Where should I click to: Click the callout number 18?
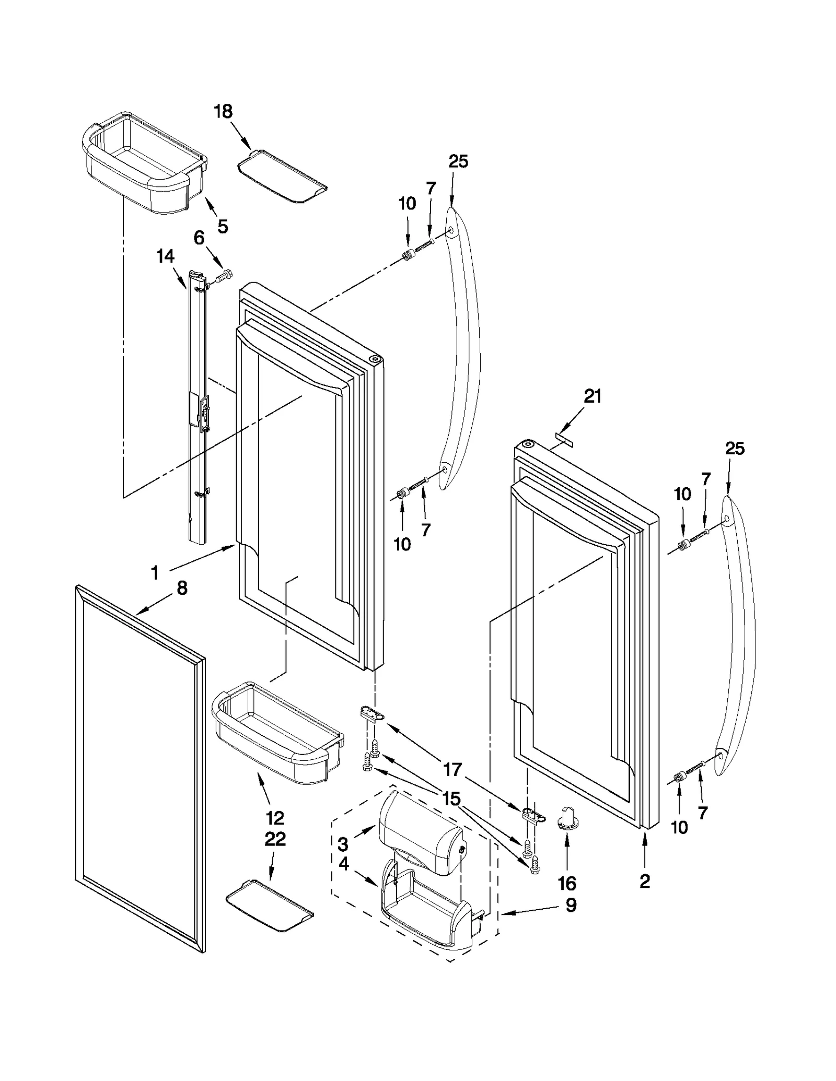point(223,112)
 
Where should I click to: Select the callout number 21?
point(593,396)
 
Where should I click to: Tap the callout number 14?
point(166,256)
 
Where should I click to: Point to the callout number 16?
point(567,884)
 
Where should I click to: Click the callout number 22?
point(275,839)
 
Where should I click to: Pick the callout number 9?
point(571,904)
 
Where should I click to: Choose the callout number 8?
point(182,589)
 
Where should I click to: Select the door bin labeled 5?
point(144,167)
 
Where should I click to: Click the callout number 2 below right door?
point(645,881)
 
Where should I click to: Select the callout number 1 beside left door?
point(155,573)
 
